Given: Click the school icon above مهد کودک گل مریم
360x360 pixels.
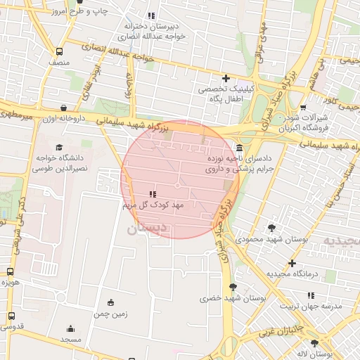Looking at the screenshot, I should pyautogui.click(x=153, y=193).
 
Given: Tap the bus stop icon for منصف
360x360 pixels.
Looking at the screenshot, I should pyautogui.click(x=59, y=51).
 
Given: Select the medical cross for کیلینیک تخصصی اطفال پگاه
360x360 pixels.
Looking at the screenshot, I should pyautogui.click(x=226, y=78).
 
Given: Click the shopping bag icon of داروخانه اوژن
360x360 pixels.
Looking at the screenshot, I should pyautogui.click(x=65, y=108).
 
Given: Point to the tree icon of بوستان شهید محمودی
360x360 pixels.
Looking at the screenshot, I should pyautogui.click(x=272, y=227).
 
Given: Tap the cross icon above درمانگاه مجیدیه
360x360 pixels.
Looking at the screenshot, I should pyautogui.click(x=292, y=263).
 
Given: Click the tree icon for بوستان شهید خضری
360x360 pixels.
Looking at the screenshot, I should pyautogui.click(x=233, y=286).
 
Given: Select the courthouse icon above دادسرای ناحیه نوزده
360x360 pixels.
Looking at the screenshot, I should pyautogui.click(x=240, y=148).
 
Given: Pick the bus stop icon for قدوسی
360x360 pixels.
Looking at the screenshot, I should pyautogui.click(x=10, y=316).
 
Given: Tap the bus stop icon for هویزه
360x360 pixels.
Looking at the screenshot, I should pyautogui.click(x=10, y=271).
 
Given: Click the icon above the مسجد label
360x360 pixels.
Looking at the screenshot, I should pyautogui.click(x=70, y=328).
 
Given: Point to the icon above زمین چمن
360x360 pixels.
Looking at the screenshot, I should pyautogui.click(x=110, y=302).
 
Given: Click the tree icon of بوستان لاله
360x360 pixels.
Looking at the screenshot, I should pyautogui.click(x=314, y=343).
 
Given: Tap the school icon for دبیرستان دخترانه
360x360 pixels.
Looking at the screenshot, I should pyautogui.click(x=151, y=15).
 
